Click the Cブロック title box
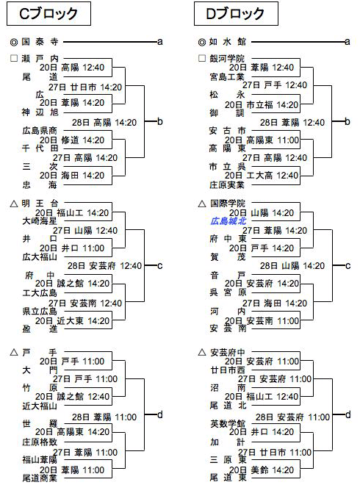tap(48, 14)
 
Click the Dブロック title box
tap(236, 14)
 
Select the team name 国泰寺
tap(40, 42)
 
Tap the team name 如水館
tap(228, 42)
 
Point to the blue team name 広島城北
tap(228, 221)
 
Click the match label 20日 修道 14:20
tap(72, 140)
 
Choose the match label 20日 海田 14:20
tap(72, 176)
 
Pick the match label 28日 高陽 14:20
tap(104, 123)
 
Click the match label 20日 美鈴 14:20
tap(262, 470)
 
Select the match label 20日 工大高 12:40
tap(262, 176)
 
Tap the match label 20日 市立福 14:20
tap(262, 104)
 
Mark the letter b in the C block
tap(160, 121)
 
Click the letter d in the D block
tap(348, 414)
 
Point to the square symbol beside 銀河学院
tap(202, 58)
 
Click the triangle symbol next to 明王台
tap(14, 204)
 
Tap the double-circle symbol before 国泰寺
tap(14, 42)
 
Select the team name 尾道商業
tap(40, 478)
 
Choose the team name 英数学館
tap(228, 423)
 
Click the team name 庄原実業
tap(227, 185)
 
